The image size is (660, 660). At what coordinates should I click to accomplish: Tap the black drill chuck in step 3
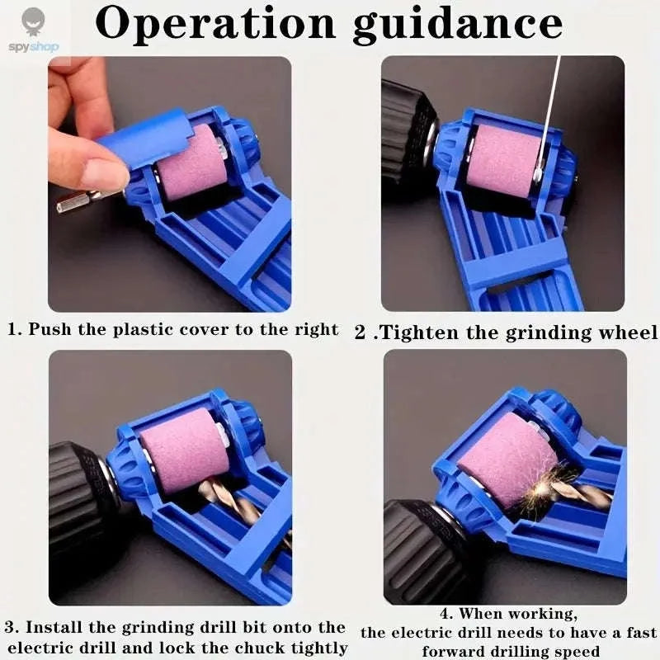click(78, 495)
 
